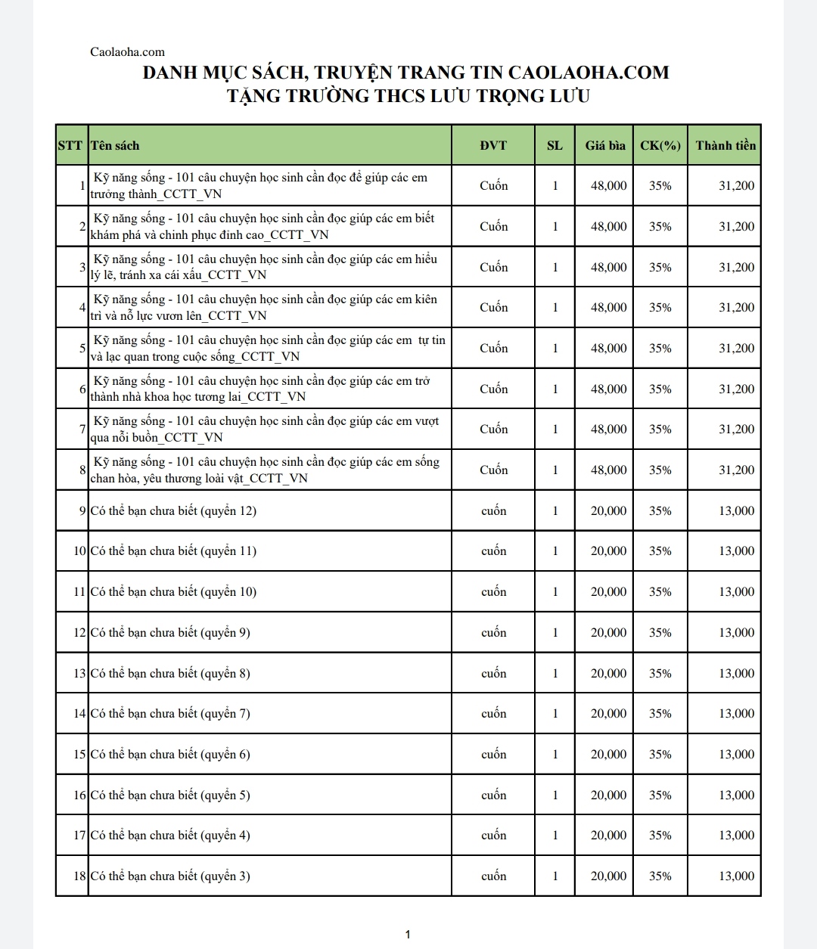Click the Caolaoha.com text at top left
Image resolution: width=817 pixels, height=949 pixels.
(127, 52)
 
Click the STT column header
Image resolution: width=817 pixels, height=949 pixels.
(70, 145)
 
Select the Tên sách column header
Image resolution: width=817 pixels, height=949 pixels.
(115, 145)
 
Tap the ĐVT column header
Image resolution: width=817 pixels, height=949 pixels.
(493, 145)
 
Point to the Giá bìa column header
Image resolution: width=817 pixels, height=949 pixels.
(605, 145)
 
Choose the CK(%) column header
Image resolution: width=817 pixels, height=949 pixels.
(660, 145)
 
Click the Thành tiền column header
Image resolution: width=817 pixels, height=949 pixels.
(725, 145)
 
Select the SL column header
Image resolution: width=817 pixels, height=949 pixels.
(555, 145)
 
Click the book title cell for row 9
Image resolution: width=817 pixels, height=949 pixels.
(173, 511)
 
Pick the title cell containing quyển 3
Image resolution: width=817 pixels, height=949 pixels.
(170, 876)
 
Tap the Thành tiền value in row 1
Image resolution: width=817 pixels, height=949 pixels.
(736, 186)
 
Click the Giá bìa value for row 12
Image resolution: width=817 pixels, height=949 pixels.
(608, 633)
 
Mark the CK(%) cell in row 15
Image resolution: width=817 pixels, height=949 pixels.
(660, 755)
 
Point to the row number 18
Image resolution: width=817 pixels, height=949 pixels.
(80, 876)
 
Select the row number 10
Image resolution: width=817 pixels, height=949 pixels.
(80, 551)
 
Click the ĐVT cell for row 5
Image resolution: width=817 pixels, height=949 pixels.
(493, 349)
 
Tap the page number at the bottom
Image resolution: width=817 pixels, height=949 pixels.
(408, 935)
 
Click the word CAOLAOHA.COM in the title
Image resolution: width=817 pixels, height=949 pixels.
(589, 73)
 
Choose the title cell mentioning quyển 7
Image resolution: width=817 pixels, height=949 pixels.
(170, 714)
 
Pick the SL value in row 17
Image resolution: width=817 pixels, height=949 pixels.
(555, 836)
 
